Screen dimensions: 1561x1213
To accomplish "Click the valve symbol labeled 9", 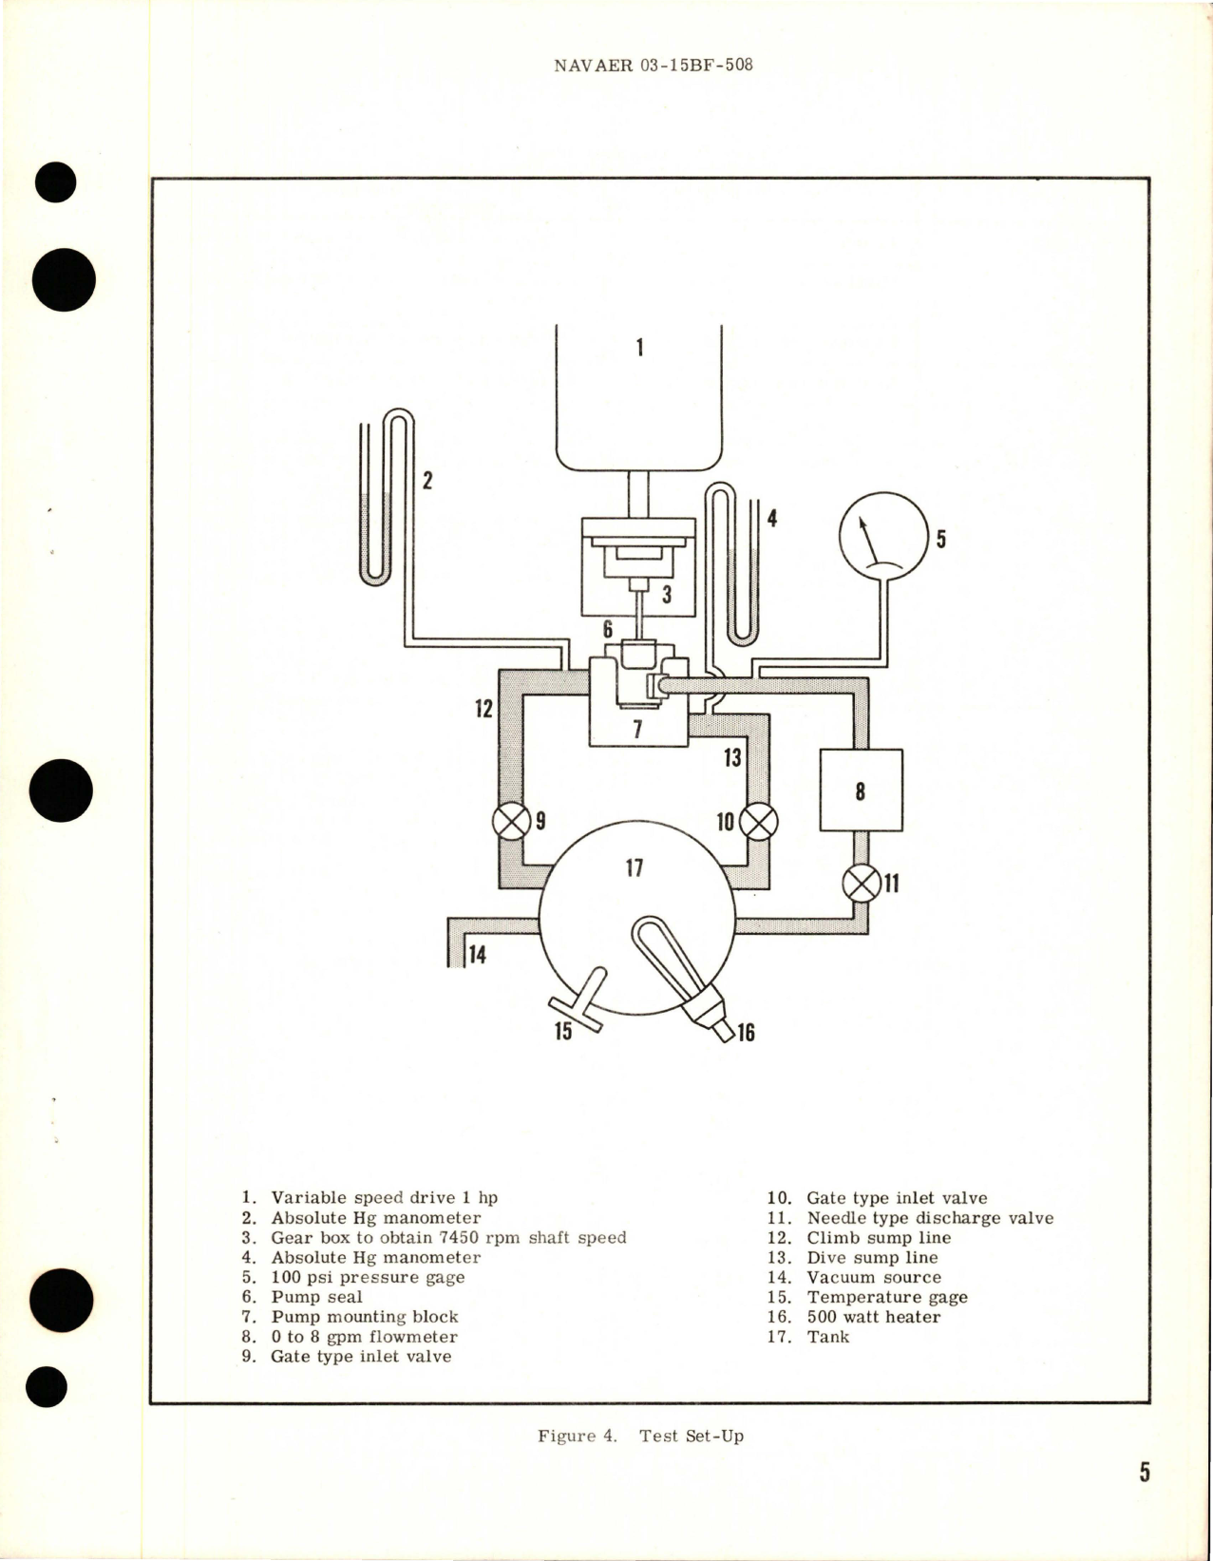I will [511, 821].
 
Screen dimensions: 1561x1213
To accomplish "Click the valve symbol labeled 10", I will [758, 821].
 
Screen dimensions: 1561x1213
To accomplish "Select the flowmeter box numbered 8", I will [861, 790].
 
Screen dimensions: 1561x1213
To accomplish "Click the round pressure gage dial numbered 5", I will [882, 536].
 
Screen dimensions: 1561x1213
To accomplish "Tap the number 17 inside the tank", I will [634, 867].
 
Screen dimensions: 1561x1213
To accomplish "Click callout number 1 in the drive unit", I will [639, 348].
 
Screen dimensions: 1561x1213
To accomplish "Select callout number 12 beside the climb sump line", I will [484, 708].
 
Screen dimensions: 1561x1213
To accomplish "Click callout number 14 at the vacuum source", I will [477, 954].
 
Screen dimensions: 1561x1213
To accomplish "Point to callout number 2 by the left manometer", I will [427, 480].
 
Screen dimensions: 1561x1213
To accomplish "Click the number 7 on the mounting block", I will [637, 729].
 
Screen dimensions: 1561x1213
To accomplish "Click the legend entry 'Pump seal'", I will [316, 1297].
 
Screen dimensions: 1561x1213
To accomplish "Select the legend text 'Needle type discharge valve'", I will [930, 1218].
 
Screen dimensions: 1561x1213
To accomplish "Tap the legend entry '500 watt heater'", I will [873, 1317].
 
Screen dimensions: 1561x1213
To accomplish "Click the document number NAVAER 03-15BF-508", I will [653, 66].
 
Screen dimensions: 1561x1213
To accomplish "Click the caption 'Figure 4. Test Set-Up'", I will [640, 1436].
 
